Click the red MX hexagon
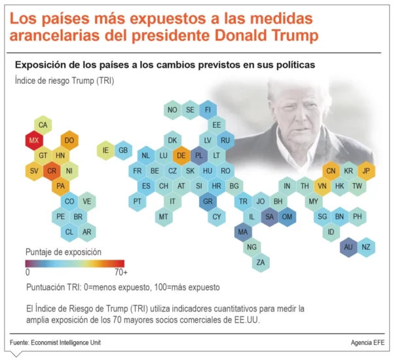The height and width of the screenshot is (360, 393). coord(34,140)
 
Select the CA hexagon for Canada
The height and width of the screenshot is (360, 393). coord(43,125)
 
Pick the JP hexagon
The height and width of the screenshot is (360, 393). coord(366,170)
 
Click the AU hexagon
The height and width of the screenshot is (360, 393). coord(348,247)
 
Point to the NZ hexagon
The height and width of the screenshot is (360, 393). coord(366,247)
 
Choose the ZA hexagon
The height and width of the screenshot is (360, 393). coord(261,262)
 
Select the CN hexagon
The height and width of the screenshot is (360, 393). coord(331,170)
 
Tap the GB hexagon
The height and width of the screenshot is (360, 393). coord(122,150)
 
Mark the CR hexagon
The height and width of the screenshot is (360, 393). coord(52,171)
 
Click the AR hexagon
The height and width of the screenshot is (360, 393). coord(86,231)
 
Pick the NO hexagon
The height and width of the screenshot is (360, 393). coord(172,110)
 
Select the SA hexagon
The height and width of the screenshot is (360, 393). coord(269,216)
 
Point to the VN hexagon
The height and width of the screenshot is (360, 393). coord(322,186)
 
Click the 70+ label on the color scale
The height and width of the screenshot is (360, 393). coord(121,271)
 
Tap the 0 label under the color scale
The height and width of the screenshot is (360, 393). coord(28,271)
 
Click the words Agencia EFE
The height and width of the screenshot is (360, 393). coord(367,343)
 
